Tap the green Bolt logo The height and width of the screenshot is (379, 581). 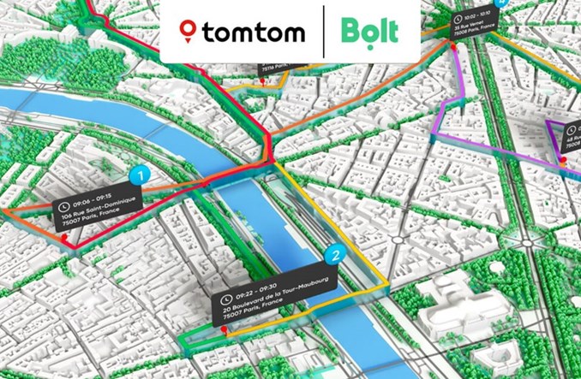click(369, 32)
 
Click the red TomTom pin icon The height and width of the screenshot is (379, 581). click(188, 32)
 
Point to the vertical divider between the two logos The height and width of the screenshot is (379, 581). click(324, 33)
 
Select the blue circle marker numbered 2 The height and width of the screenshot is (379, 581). click(337, 254)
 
